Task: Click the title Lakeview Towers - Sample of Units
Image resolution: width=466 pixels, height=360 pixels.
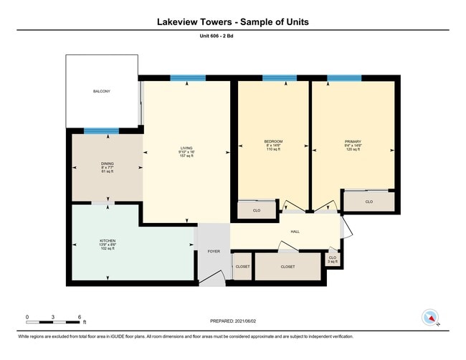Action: click(233, 22)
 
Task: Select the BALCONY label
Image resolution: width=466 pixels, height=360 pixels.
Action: click(102, 92)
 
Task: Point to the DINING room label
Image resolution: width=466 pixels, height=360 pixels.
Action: click(107, 168)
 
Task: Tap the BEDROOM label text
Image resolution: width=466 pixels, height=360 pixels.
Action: click(273, 144)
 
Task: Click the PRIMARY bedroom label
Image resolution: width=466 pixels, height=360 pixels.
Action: click(352, 144)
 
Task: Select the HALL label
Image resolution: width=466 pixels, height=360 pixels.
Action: click(295, 232)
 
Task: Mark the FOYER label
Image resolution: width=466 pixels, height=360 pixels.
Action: click(214, 252)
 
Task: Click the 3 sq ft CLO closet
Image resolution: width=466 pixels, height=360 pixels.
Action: click(331, 259)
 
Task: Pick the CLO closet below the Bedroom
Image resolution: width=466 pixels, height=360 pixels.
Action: click(257, 211)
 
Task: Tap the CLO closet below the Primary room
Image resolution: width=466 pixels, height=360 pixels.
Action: click(368, 202)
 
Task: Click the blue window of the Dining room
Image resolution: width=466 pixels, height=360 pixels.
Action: click(101, 131)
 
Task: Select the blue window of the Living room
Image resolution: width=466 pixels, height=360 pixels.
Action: click(188, 78)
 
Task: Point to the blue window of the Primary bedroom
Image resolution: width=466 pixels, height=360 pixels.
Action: click(344, 78)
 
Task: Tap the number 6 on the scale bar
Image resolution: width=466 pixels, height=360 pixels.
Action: click(80, 316)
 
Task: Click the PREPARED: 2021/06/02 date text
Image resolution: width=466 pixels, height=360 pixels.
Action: click(233, 321)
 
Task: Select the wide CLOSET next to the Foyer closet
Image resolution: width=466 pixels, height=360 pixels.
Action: click(287, 266)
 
